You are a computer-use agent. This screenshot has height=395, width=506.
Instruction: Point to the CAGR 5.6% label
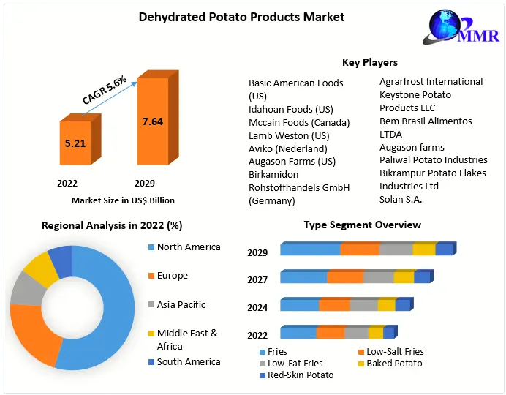coord(104,90)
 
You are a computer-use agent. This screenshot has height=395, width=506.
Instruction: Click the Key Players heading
coord(369,63)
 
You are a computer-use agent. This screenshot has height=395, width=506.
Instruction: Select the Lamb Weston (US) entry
coord(289,135)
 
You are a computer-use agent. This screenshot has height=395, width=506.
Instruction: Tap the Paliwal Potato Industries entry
coord(433,159)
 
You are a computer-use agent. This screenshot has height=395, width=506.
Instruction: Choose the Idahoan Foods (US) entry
coord(290,109)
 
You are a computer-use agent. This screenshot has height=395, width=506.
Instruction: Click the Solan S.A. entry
coord(401,199)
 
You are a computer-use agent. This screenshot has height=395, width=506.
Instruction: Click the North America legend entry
coord(188,247)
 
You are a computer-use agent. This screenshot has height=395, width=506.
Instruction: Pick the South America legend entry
coord(188,362)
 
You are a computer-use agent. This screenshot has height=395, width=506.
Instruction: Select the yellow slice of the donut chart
coord(41,269)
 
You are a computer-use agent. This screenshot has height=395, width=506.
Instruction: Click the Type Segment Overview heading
coord(362,225)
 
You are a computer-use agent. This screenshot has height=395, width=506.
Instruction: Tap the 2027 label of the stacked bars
coord(257,279)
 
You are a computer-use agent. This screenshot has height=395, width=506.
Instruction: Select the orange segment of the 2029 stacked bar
coord(359,249)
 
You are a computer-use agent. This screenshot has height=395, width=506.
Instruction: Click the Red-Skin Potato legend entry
coord(300,375)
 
